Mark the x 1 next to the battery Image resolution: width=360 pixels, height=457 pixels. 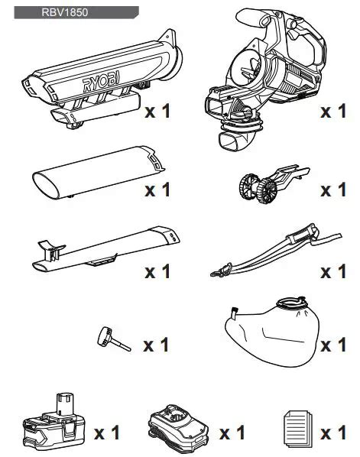pos(108,433)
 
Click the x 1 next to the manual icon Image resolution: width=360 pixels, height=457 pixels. pos(333,433)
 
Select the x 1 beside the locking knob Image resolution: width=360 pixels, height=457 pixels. pos(157,345)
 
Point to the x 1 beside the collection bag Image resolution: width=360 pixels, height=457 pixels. pos(333,345)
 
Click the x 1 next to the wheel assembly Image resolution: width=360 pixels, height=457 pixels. pos(333,190)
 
